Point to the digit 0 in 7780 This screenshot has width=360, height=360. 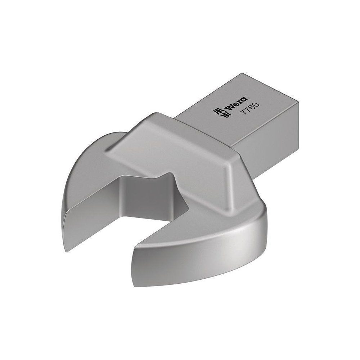256,104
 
